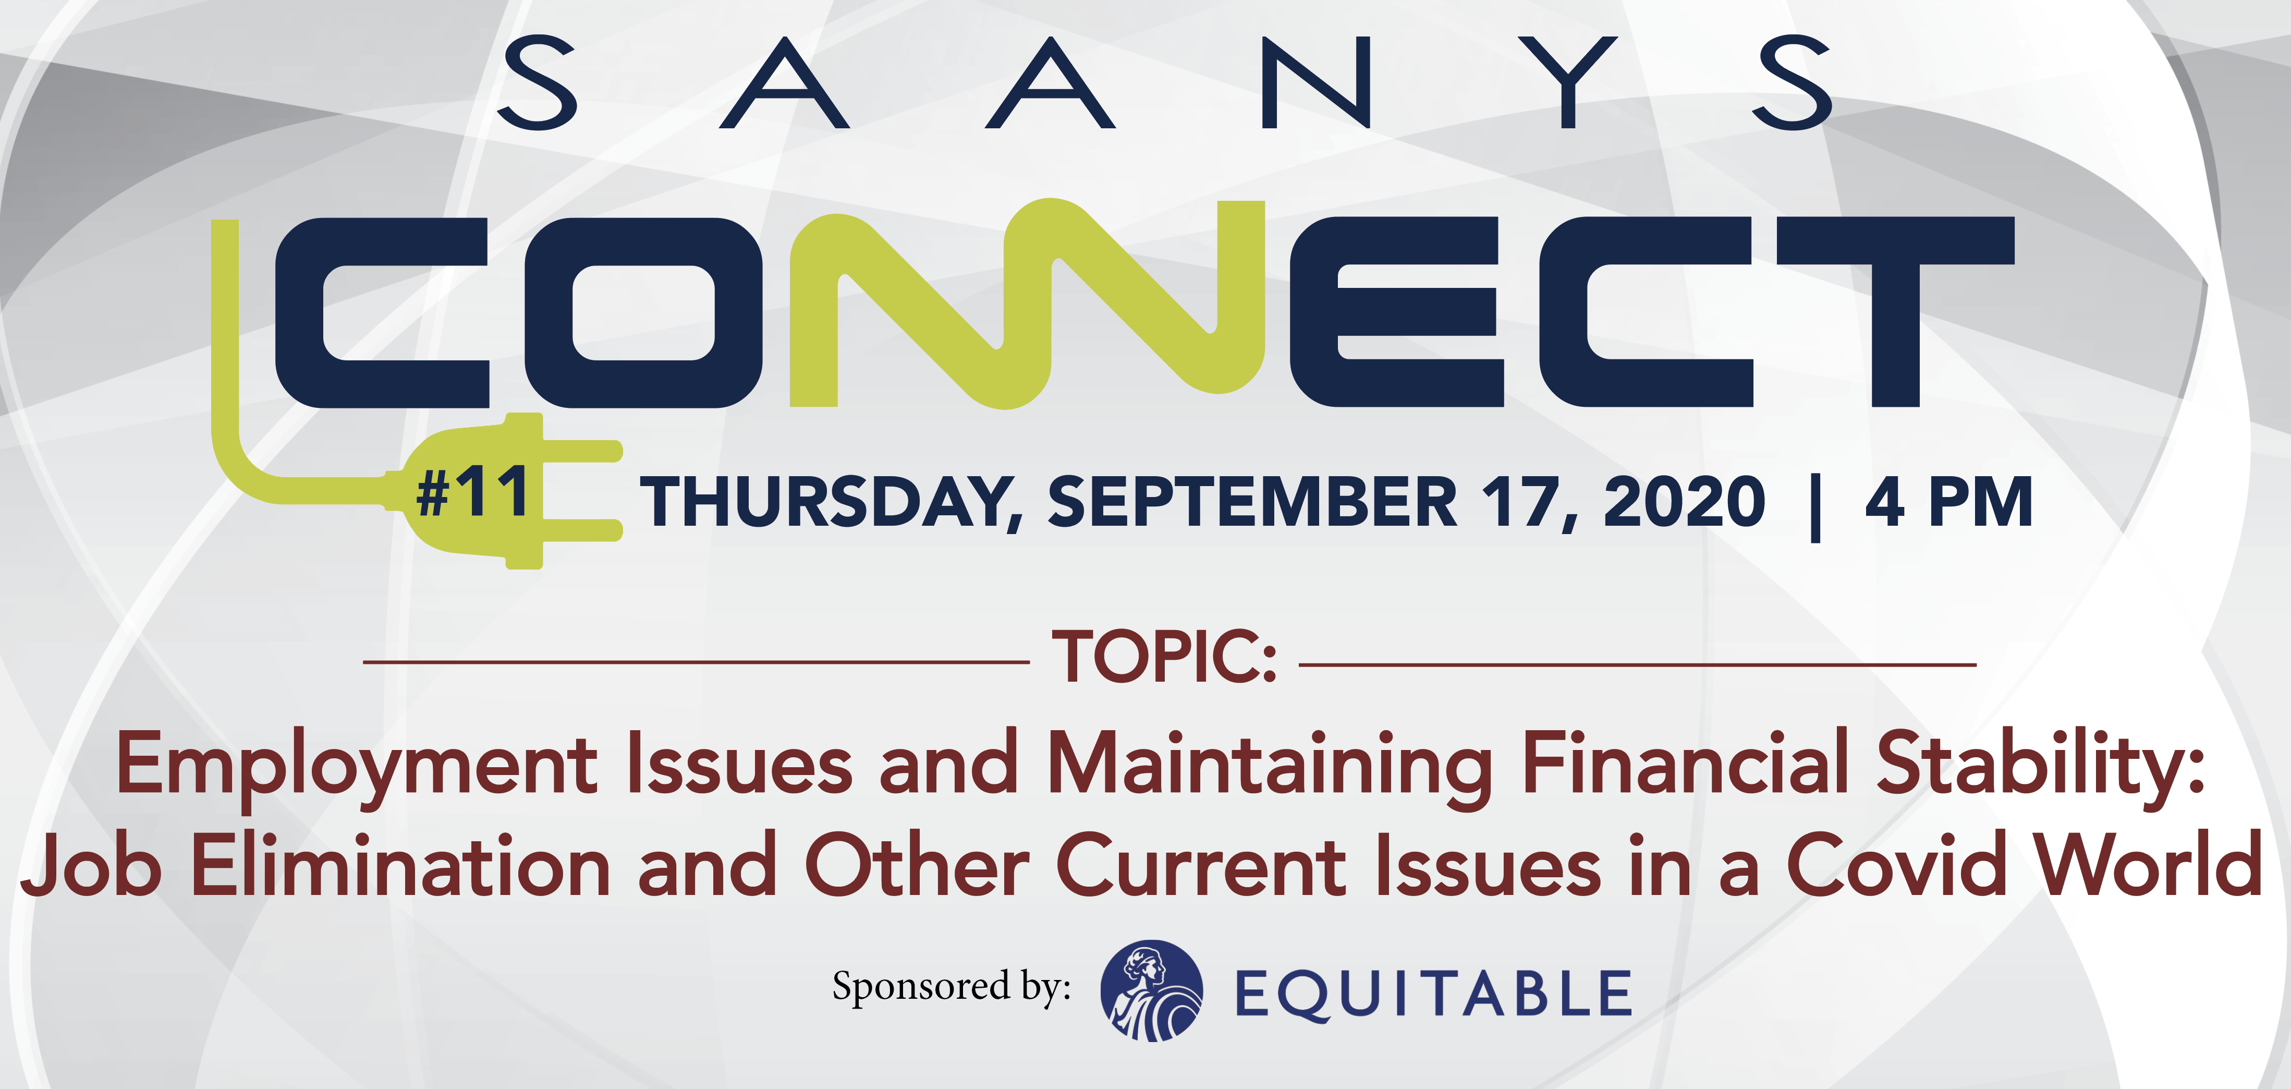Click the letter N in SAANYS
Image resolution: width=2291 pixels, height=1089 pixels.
1317,82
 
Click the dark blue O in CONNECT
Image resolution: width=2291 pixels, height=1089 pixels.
643,312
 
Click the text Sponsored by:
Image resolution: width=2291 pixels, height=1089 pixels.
952,988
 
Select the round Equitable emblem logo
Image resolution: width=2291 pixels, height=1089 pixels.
1152,990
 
